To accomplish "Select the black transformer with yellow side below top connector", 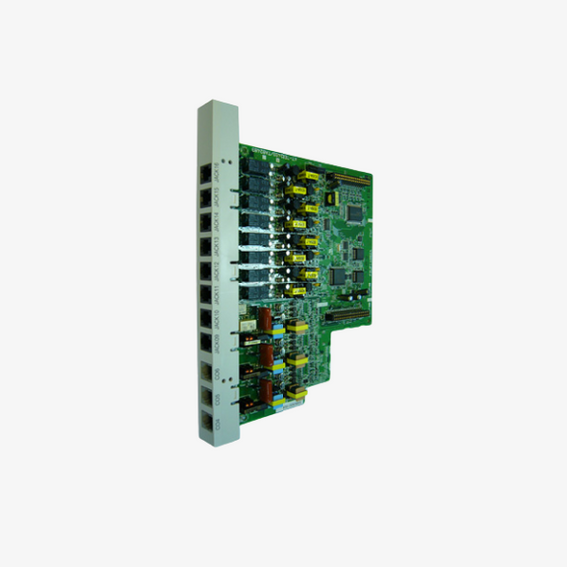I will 297,184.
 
